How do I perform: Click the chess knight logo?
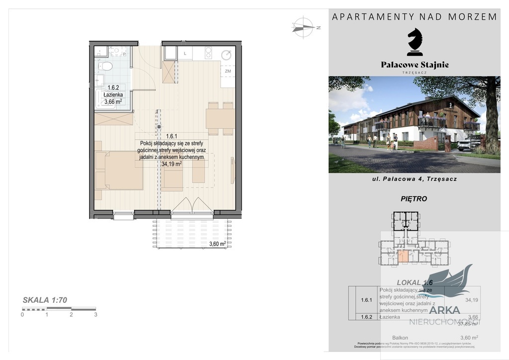point(415,42)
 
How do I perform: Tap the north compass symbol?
point(303,26)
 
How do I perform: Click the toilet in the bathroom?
point(106,66)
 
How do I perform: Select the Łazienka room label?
point(113,94)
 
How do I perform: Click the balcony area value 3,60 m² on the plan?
point(218,244)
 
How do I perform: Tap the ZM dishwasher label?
point(228,71)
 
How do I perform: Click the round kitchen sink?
point(227,55)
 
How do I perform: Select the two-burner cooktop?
point(209,53)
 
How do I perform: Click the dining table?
point(220,119)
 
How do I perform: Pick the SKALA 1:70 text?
point(45,300)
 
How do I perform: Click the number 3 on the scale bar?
point(95,314)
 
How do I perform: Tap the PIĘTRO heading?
point(414,198)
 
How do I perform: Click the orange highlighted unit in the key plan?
point(404,257)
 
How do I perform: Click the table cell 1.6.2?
point(366,317)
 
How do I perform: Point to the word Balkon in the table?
point(400,337)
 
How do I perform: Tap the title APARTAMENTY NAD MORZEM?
point(414,16)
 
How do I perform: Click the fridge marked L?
point(185,53)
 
